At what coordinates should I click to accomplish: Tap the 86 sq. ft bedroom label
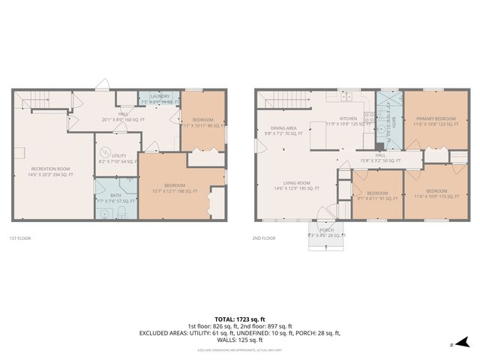coord(202,122)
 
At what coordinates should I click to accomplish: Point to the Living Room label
coord(293,185)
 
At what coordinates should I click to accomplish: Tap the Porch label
coord(327,232)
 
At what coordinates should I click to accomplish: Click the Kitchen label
coord(348,121)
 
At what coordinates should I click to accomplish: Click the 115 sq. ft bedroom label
coord(433,193)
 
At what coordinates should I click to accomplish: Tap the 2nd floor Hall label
coord(380,157)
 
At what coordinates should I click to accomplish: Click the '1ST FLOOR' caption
coord(21,238)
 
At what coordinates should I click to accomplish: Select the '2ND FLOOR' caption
coord(263,238)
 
